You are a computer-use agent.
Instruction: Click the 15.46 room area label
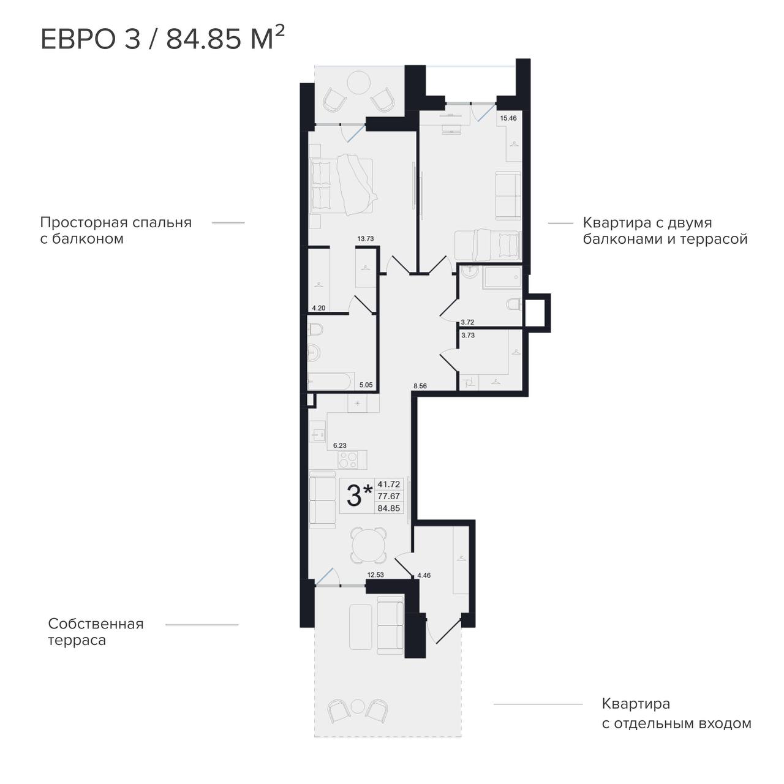(x=508, y=118)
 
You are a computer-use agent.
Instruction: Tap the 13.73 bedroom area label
(x=365, y=239)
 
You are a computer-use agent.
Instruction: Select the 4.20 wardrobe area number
(x=318, y=308)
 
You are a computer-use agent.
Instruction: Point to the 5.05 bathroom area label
(x=366, y=385)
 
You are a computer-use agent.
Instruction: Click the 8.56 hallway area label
(x=420, y=386)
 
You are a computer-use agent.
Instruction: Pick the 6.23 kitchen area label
(x=340, y=445)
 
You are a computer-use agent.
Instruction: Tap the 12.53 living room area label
(x=375, y=575)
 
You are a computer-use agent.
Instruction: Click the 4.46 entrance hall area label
(x=424, y=575)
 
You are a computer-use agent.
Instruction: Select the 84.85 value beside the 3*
(x=388, y=508)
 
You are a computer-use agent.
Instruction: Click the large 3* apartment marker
(x=360, y=496)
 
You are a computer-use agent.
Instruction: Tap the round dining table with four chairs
(x=368, y=546)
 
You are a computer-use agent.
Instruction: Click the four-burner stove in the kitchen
(x=348, y=460)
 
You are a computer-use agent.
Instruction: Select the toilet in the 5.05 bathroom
(x=315, y=329)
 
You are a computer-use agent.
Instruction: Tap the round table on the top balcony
(x=358, y=83)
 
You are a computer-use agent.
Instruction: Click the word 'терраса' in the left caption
(x=77, y=641)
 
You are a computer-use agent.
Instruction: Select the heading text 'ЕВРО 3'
(x=91, y=40)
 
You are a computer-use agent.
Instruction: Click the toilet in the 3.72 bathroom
(x=514, y=304)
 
